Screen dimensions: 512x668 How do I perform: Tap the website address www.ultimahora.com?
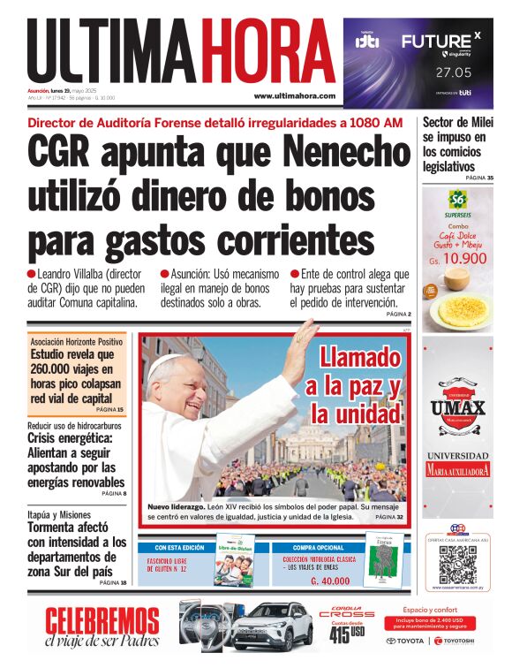click(294, 95)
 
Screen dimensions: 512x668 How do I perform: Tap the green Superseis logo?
click(456, 201)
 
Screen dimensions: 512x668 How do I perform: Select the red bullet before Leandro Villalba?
click(32, 274)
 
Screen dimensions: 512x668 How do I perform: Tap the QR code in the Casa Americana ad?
click(456, 564)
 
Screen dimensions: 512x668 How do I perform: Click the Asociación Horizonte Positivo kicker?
click(77, 341)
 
